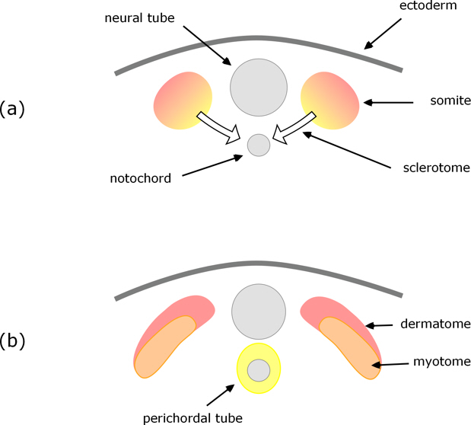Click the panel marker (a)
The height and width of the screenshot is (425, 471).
click(x=13, y=107)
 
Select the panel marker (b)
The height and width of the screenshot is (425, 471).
click(x=13, y=340)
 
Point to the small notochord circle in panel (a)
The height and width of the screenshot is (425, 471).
click(x=259, y=145)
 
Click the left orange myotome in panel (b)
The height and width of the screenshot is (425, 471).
click(x=164, y=347)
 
